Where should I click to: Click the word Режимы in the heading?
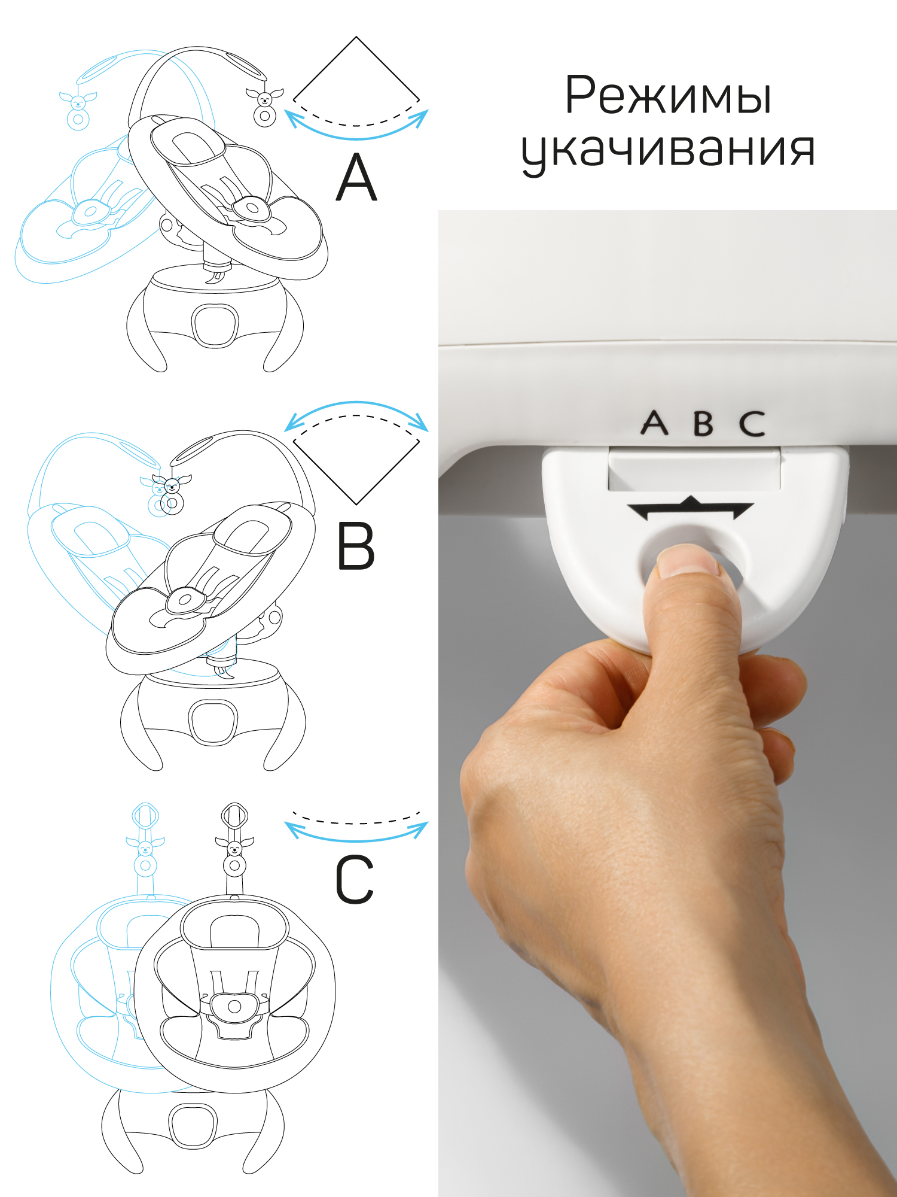point(668,96)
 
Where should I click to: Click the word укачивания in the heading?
point(668,150)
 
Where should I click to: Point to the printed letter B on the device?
point(703,423)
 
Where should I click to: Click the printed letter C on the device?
point(752,423)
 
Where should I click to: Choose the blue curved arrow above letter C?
point(356,833)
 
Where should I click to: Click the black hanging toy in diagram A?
point(264,107)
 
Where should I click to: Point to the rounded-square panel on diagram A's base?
point(215,326)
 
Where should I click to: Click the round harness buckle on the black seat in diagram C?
point(234,1006)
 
